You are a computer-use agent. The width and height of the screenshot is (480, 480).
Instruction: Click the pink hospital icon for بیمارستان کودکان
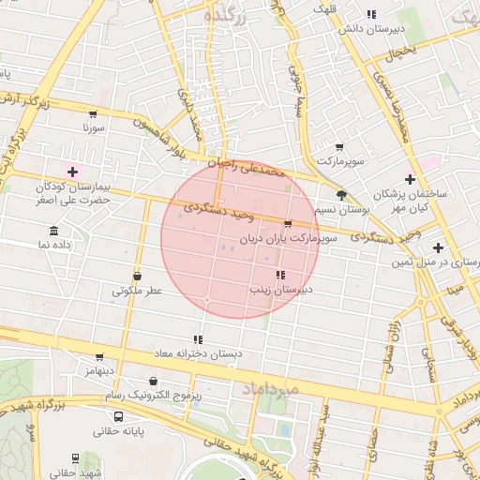tap(73, 171)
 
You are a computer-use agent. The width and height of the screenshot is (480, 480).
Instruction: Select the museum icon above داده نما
tap(53, 232)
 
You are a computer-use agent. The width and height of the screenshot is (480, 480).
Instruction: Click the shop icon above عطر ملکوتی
tap(138, 277)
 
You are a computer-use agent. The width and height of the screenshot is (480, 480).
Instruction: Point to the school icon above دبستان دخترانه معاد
tap(197, 339)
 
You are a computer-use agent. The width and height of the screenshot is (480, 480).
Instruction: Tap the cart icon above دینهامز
tap(99, 356)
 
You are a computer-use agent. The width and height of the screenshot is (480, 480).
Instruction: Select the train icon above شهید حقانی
tap(75, 458)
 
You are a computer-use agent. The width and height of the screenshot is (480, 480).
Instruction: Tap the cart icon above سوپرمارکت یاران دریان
tap(287, 224)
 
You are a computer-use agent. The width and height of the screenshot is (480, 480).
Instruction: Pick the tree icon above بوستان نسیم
tap(340, 195)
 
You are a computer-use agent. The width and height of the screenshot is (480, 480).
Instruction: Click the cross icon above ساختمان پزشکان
tap(410, 178)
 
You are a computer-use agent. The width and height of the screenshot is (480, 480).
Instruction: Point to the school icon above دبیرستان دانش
tap(371, 14)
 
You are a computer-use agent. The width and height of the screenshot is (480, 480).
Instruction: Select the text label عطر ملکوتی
tap(138, 292)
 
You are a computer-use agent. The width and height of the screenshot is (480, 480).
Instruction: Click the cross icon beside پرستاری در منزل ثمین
tap(438, 247)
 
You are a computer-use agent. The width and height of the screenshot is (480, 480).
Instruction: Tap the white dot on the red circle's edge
tap(207, 300)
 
